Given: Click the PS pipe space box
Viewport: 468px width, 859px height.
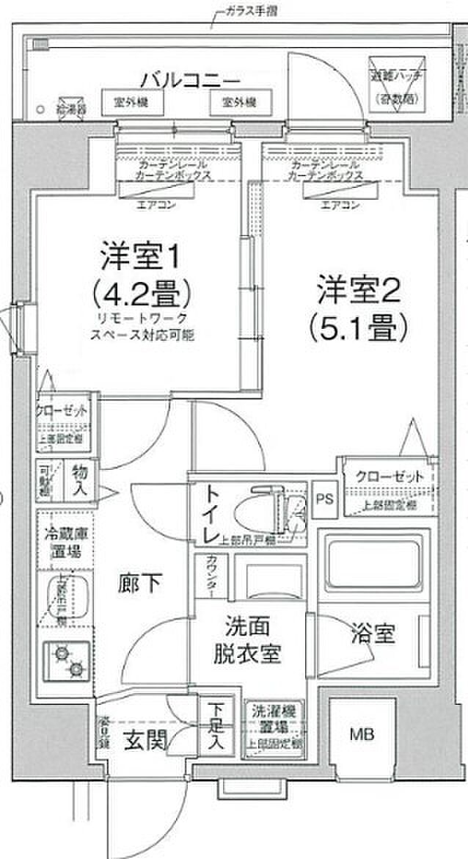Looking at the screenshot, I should [x=323, y=499].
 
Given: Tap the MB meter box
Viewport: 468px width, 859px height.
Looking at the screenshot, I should [x=359, y=733].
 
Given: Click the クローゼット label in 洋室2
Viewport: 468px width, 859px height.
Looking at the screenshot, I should [x=390, y=476].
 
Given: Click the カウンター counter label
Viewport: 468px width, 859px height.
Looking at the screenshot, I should [x=210, y=579].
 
